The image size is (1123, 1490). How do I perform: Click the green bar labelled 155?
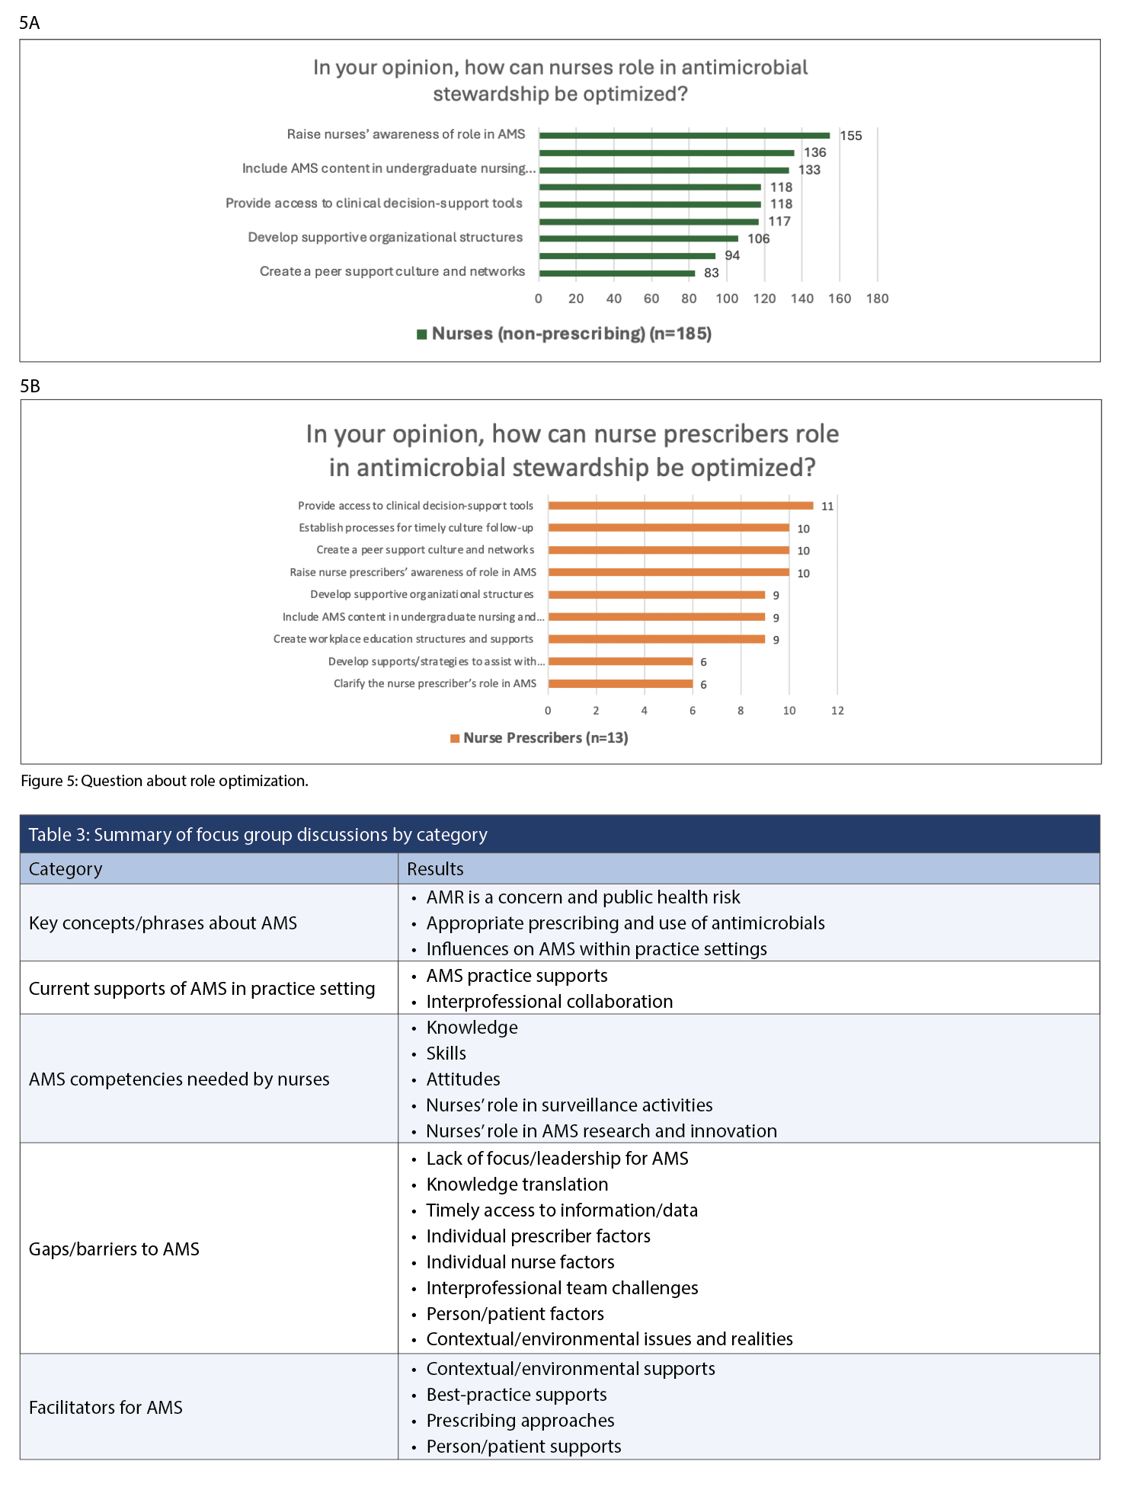[684, 136]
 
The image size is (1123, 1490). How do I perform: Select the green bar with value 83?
[617, 273]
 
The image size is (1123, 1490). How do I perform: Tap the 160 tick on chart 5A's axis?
[840, 299]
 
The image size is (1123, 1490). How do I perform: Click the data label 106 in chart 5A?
[758, 238]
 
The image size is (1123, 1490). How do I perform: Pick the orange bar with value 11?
[680, 506]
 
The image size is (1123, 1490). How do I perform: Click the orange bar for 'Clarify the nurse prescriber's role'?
[620, 684]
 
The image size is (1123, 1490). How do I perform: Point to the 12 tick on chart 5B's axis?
[837, 711]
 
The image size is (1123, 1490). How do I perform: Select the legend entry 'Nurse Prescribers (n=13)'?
[545, 738]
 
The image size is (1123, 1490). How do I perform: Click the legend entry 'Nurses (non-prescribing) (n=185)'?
[571, 334]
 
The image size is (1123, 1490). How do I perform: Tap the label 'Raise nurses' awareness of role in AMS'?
[406, 134]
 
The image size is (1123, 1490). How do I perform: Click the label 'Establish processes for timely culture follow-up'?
[416, 528]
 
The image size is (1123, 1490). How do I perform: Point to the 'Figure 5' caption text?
[164, 781]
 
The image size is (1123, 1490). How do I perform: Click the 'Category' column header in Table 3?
[66, 869]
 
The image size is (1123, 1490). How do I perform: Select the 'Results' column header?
[435, 869]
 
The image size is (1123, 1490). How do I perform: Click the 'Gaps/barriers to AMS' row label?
[114, 1249]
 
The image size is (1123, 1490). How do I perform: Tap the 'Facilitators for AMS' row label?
[106, 1408]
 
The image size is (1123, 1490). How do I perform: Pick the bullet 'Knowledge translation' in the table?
[517, 1185]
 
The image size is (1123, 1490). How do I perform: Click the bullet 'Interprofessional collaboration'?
[549, 1002]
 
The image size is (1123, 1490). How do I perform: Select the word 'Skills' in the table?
[446, 1054]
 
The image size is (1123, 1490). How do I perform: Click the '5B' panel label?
[30, 386]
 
